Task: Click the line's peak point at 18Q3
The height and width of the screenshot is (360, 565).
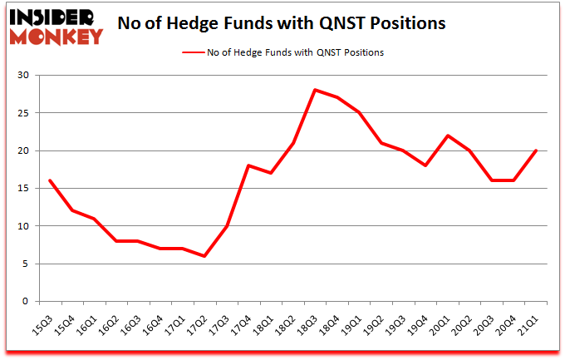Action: [x=315, y=90]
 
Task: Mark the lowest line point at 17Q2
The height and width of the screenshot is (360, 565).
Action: [x=204, y=256]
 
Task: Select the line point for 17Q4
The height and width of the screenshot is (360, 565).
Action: [x=247, y=165]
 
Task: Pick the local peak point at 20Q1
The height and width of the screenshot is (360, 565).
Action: [x=448, y=136]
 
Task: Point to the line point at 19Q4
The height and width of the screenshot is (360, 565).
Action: [x=425, y=165]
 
